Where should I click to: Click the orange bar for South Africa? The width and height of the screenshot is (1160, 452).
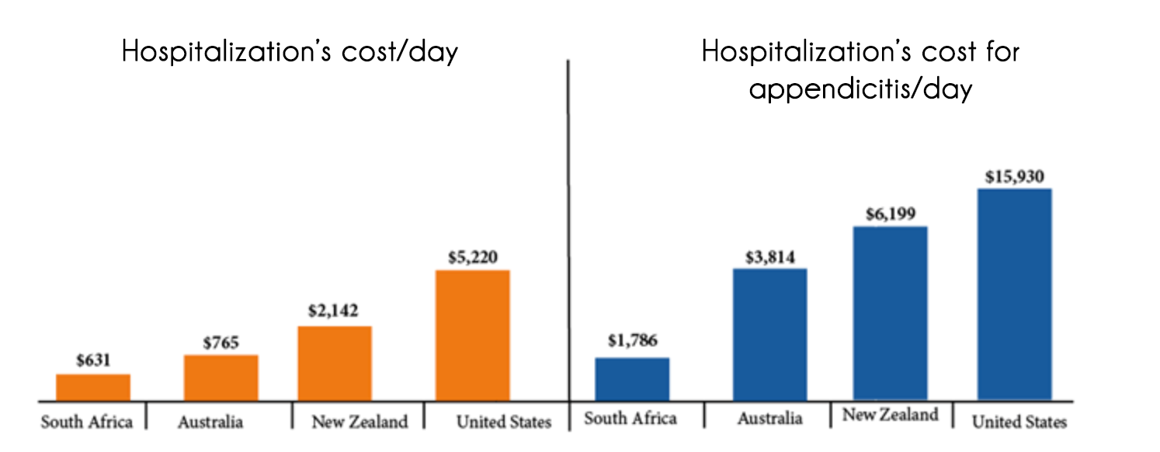click(x=93, y=387)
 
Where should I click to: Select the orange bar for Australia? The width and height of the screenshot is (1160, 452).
click(x=221, y=377)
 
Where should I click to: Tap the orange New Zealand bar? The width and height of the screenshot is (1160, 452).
click(x=335, y=363)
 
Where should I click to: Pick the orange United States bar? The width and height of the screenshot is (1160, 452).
click(x=472, y=335)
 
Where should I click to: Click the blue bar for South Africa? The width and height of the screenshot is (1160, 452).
click(x=632, y=379)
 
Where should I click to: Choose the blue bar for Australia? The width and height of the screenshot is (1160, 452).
click(x=769, y=334)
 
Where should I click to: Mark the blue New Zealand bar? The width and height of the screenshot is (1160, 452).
click(x=890, y=313)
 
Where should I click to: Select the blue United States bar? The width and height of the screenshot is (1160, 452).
click(x=1014, y=294)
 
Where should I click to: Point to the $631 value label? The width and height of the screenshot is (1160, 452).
click(x=93, y=360)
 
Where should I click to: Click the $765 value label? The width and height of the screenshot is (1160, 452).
click(x=221, y=342)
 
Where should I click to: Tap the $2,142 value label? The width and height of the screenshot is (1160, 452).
click(x=334, y=312)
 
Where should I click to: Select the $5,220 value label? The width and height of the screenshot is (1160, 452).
click(x=473, y=256)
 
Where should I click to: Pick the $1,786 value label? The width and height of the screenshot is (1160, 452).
click(x=632, y=343)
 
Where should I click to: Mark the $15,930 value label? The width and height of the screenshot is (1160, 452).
click(x=1014, y=176)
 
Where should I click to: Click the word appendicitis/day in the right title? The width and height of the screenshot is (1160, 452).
click(x=860, y=89)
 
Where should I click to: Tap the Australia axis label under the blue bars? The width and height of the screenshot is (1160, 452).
click(x=769, y=419)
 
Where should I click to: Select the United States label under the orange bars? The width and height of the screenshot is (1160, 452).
click(x=503, y=422)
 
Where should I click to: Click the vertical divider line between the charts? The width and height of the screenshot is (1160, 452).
click(x=568, y=233)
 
